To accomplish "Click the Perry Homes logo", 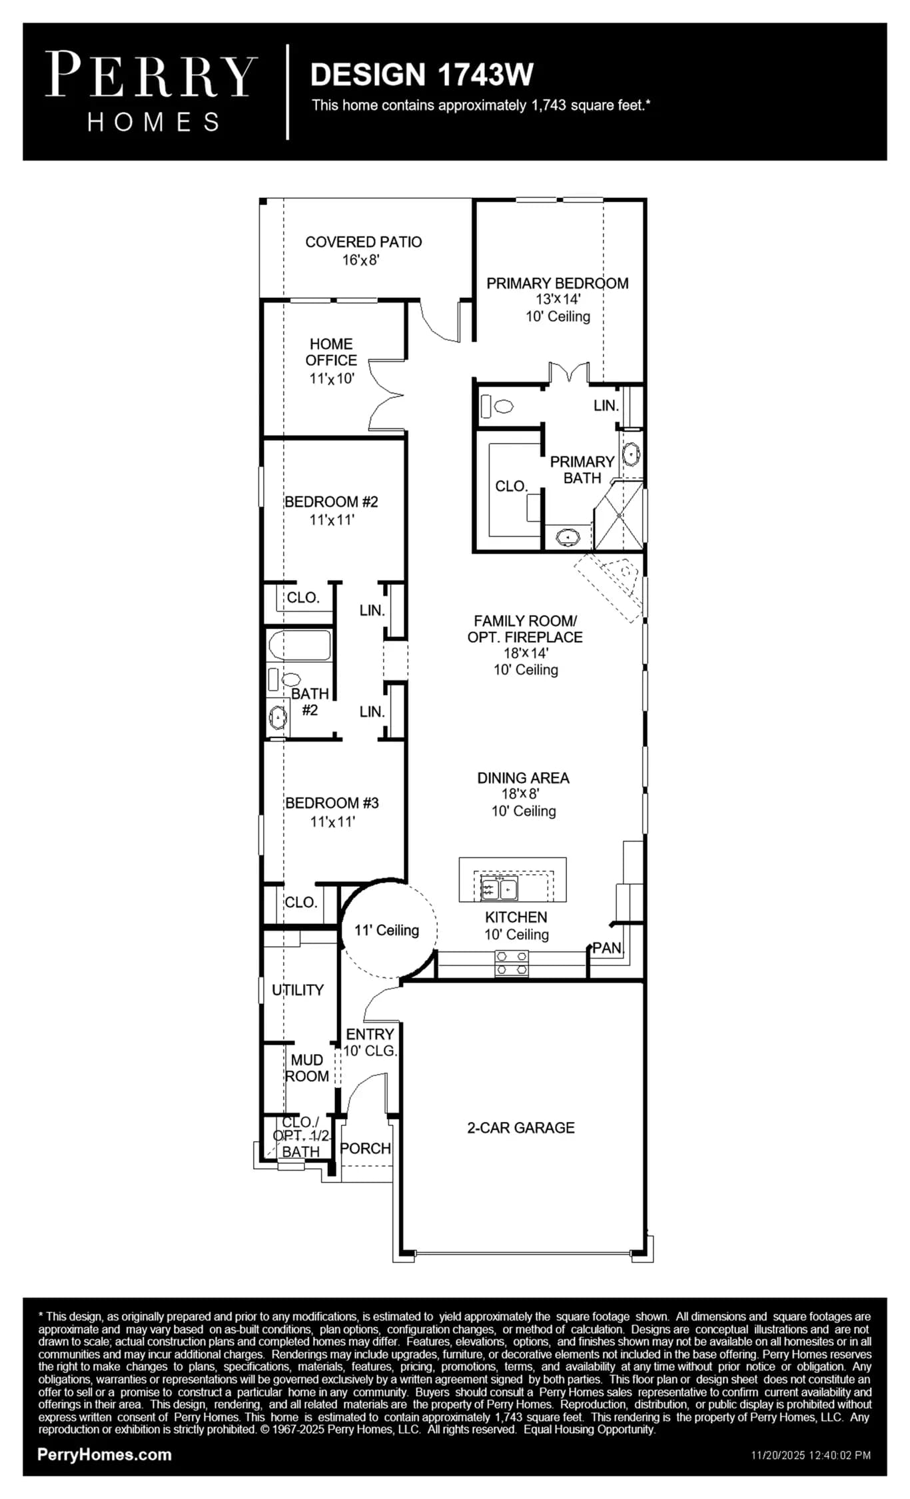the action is [151, 92].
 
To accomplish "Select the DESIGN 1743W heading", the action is [422, 75].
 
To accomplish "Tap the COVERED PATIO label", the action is [363, 242].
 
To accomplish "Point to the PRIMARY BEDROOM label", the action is [558, 283].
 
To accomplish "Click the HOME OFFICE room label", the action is [331, 352].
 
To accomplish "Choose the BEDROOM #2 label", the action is [331, 502].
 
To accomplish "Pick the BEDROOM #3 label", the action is [332, 803].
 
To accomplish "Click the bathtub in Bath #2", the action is [299, 644].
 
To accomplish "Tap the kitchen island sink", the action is [499, 889].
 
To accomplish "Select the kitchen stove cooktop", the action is [512, 963].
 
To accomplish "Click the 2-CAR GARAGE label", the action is [521, 1127].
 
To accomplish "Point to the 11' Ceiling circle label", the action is [386, 930].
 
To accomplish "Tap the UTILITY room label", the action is [298, 990].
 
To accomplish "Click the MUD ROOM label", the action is [307, 1068].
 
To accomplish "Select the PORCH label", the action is [365, 1148].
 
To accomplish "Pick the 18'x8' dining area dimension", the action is [520, 793].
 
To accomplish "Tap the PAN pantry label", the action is [607, 947].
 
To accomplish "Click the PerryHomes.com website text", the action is [105, 1454].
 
